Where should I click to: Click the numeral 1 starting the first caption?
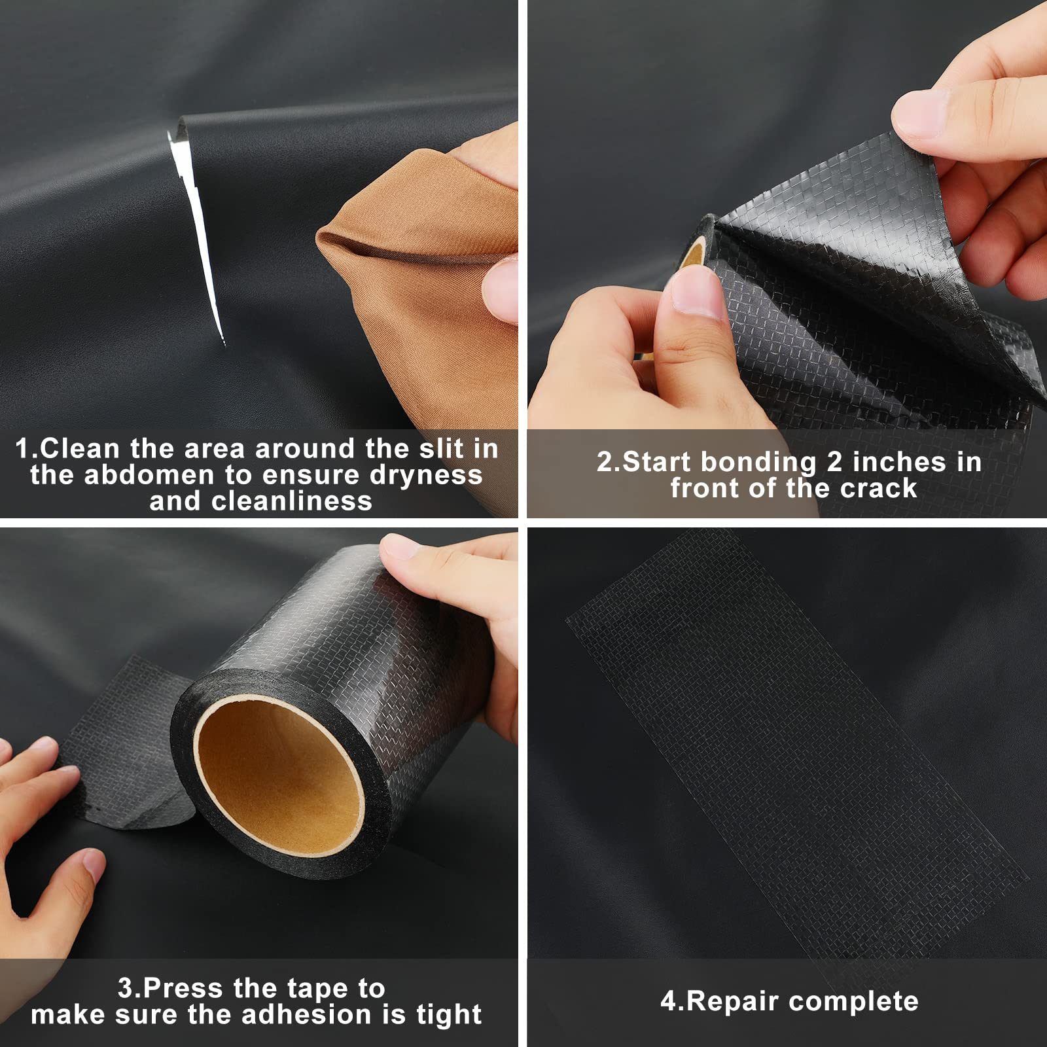(22, 449)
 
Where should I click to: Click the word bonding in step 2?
(758, 462)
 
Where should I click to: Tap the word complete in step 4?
(854, 1002)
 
